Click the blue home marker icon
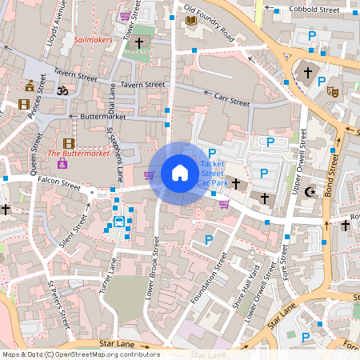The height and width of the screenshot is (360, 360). [x=179, y=173]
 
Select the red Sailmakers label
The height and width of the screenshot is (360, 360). [x=94, y=38]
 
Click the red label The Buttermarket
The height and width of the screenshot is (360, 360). [x=78, y=152]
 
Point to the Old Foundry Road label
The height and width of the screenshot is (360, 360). [x=210, y=22]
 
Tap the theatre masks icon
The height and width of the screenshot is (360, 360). [x=333, y=92]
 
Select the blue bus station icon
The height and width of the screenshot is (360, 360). [x=118, y=221]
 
